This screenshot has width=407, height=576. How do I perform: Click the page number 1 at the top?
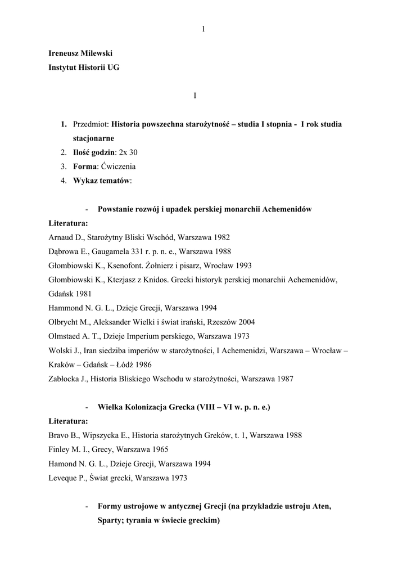click(203, 30)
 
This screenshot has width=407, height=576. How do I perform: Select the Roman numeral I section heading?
click(195, 96)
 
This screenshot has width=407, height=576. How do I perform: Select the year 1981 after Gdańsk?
click(81, 294)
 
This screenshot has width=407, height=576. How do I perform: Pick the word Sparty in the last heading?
click(110, 520)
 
